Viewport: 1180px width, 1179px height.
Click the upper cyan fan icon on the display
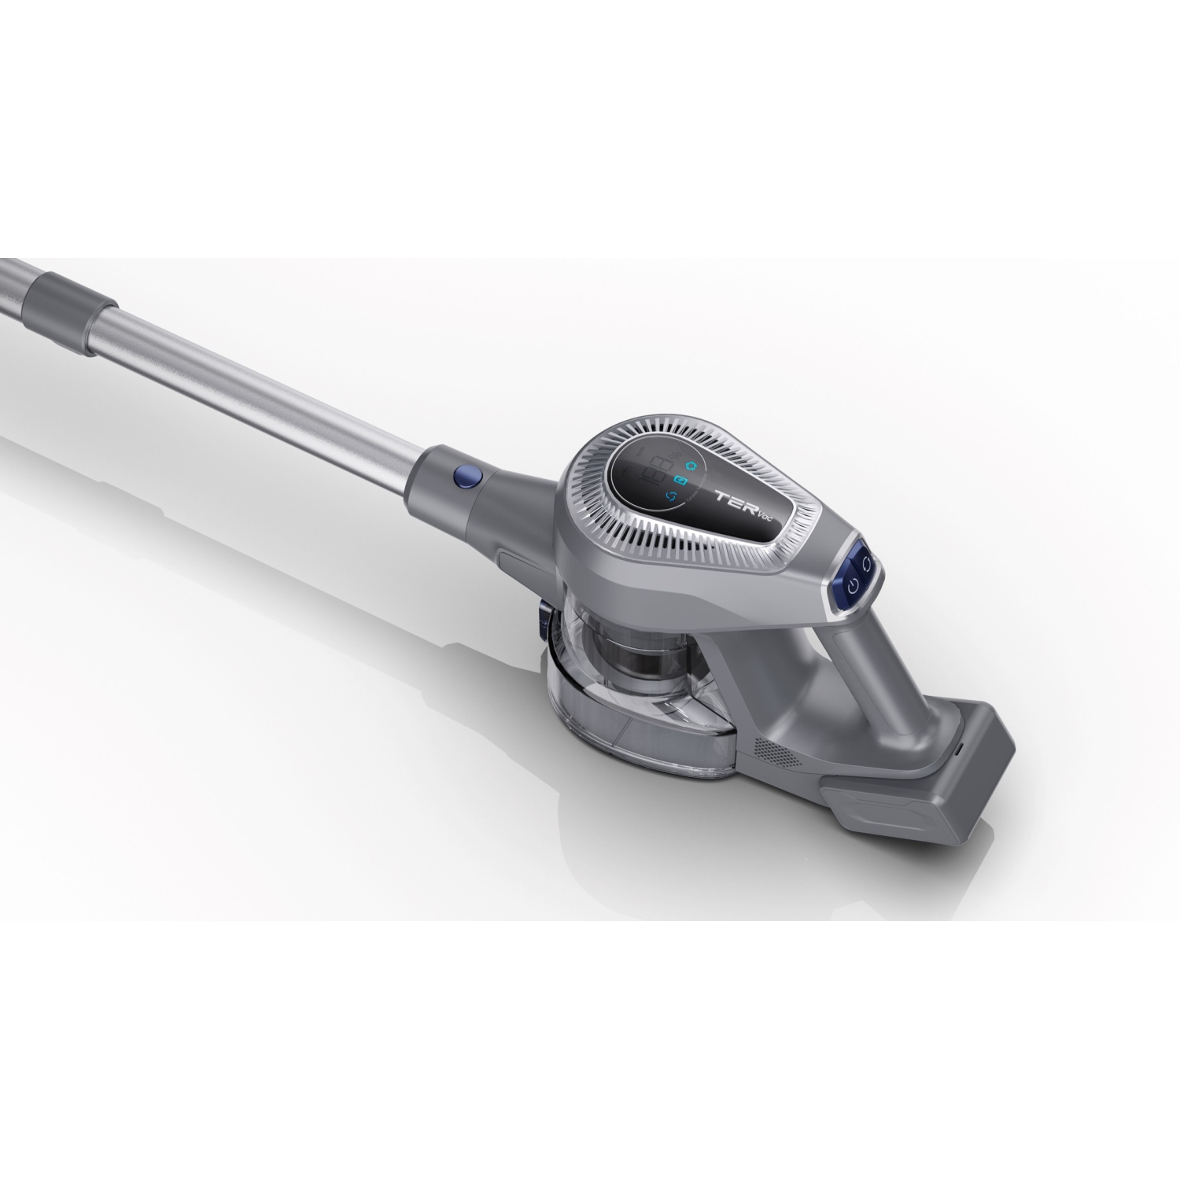coord(691,464)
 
